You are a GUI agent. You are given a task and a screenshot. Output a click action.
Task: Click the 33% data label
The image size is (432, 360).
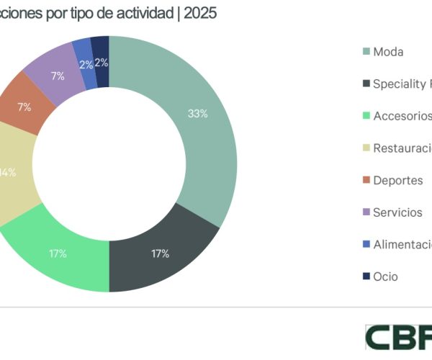[x=198, y=113]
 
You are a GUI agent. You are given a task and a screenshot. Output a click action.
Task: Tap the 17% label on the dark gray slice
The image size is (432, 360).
[x=161, y=253]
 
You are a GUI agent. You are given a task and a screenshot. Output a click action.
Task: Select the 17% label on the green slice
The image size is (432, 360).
[x=58, y=253]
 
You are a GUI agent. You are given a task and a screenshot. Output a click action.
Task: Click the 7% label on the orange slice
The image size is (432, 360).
[x=24, y=107]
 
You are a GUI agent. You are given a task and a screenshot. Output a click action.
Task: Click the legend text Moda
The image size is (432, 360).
[x=388, y=52]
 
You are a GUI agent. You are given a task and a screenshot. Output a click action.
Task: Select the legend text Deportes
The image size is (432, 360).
[x=397, y=180]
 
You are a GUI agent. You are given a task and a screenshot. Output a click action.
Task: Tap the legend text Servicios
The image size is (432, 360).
[x=397, y=212]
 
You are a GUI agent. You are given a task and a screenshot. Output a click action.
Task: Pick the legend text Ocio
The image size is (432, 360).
[x=385, y=276]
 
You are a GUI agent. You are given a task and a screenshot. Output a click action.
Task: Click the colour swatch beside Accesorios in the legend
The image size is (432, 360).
[x=366, y=116]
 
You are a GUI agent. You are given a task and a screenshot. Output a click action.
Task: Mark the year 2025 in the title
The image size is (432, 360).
[x=202, y=14]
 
